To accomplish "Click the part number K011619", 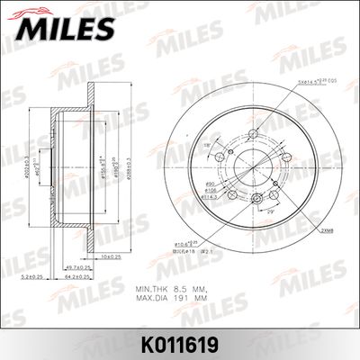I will (180, 343).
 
